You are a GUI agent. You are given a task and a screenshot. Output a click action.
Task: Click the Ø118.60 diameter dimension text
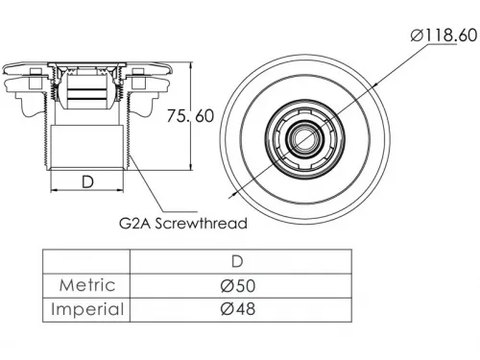point(444,36)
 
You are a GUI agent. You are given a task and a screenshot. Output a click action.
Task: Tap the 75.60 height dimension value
point(190,116)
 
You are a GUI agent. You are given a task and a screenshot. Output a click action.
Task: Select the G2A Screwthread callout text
point(183,223)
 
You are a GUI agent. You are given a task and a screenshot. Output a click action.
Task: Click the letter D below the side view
point(87,181)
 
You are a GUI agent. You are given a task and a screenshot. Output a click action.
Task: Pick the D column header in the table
point(237,262)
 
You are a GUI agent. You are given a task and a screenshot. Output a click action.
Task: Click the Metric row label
point(87,285)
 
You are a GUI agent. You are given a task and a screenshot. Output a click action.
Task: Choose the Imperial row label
point(87,309)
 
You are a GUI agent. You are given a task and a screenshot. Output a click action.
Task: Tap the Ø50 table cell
point(238,285)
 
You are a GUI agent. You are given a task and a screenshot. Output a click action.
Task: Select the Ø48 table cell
point(238,309)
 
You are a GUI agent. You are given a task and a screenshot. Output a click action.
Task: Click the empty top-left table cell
point(86,261)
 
